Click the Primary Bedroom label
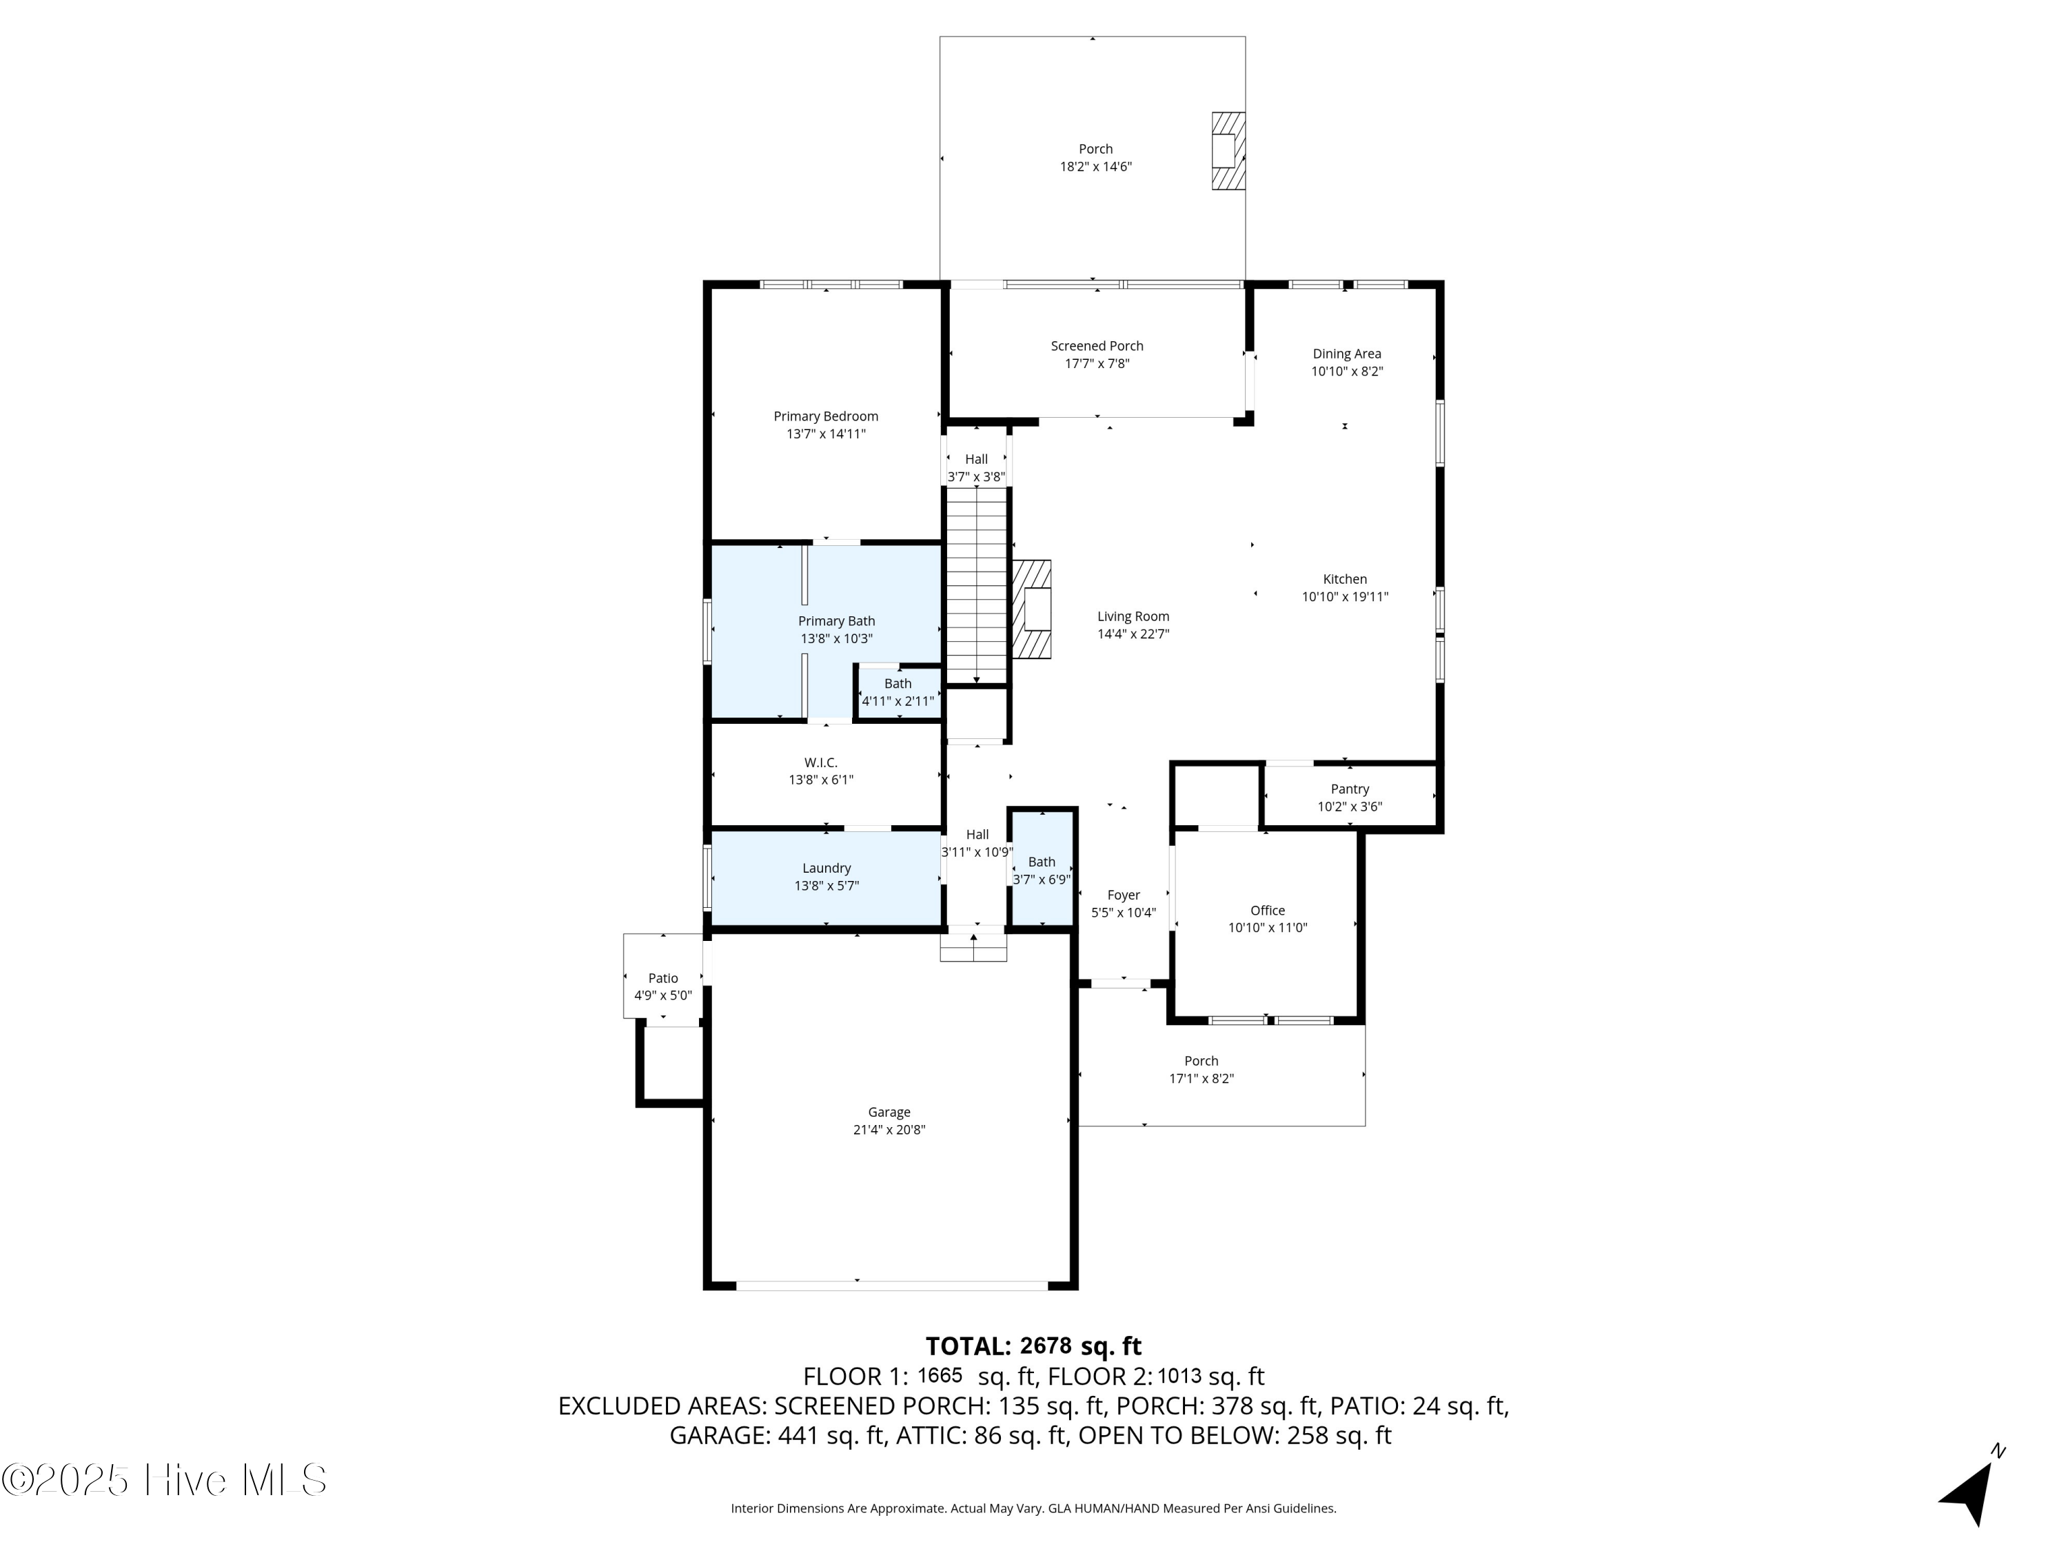point(826,416)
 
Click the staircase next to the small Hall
point(976,585)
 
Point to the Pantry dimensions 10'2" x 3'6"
point(1349,807)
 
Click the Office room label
point(1267,911)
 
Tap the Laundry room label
point(826,869)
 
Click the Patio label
point(663,979)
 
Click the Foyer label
point(1123,895)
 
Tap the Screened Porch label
point(1097,346)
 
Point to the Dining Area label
point(1346,354)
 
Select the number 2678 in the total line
point(1045,1346)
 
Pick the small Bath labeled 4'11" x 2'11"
point(898,693)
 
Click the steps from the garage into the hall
point(973,947)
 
